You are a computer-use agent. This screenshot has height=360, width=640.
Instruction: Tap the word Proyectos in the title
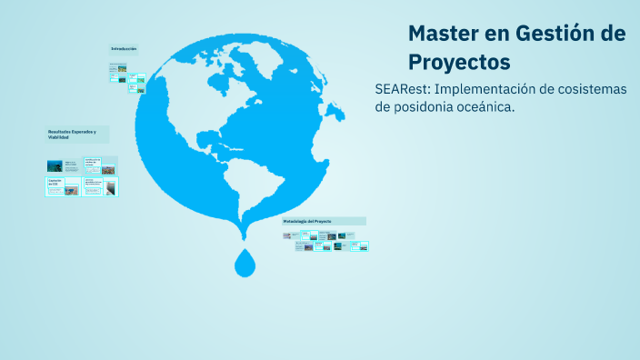[x=458, y=62]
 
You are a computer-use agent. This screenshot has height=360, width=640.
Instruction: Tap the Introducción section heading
[x=124, y=48]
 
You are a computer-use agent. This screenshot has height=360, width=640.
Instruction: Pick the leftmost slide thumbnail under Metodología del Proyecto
[x=287, y=235]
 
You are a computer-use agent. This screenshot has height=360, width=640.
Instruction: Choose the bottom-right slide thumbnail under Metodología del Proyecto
[x=363, y=246]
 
